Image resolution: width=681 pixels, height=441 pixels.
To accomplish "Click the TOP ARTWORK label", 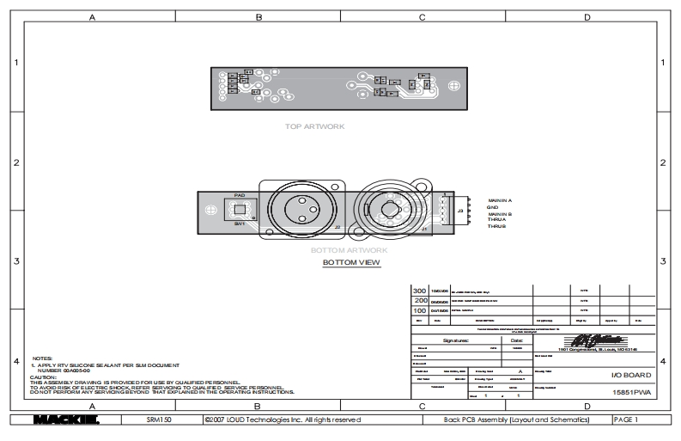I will click(314, 126).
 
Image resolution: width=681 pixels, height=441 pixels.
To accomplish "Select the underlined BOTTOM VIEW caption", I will click(351, 262).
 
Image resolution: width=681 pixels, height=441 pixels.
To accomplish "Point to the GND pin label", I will click(493, 206).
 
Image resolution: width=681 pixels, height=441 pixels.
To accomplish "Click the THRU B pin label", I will click(496, 226).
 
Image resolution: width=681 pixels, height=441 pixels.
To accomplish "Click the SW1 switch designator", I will click(239, 224).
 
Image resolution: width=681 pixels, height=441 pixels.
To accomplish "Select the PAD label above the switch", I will click(240, 195).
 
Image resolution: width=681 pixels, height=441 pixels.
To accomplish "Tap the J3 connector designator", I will click(460, 211).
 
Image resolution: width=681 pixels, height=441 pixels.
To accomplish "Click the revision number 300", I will click(421, 291).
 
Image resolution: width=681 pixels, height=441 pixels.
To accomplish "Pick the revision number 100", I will click(421, 309).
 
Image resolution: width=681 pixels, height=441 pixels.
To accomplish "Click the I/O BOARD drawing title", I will click(630, 376).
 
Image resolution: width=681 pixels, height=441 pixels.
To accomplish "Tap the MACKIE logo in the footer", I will click(65, 420).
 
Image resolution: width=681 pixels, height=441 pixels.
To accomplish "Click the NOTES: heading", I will click(42, 358).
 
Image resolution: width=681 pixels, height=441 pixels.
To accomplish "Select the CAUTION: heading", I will click(43, 377).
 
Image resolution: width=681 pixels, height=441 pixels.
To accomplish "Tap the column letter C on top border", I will click(422, 17).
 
